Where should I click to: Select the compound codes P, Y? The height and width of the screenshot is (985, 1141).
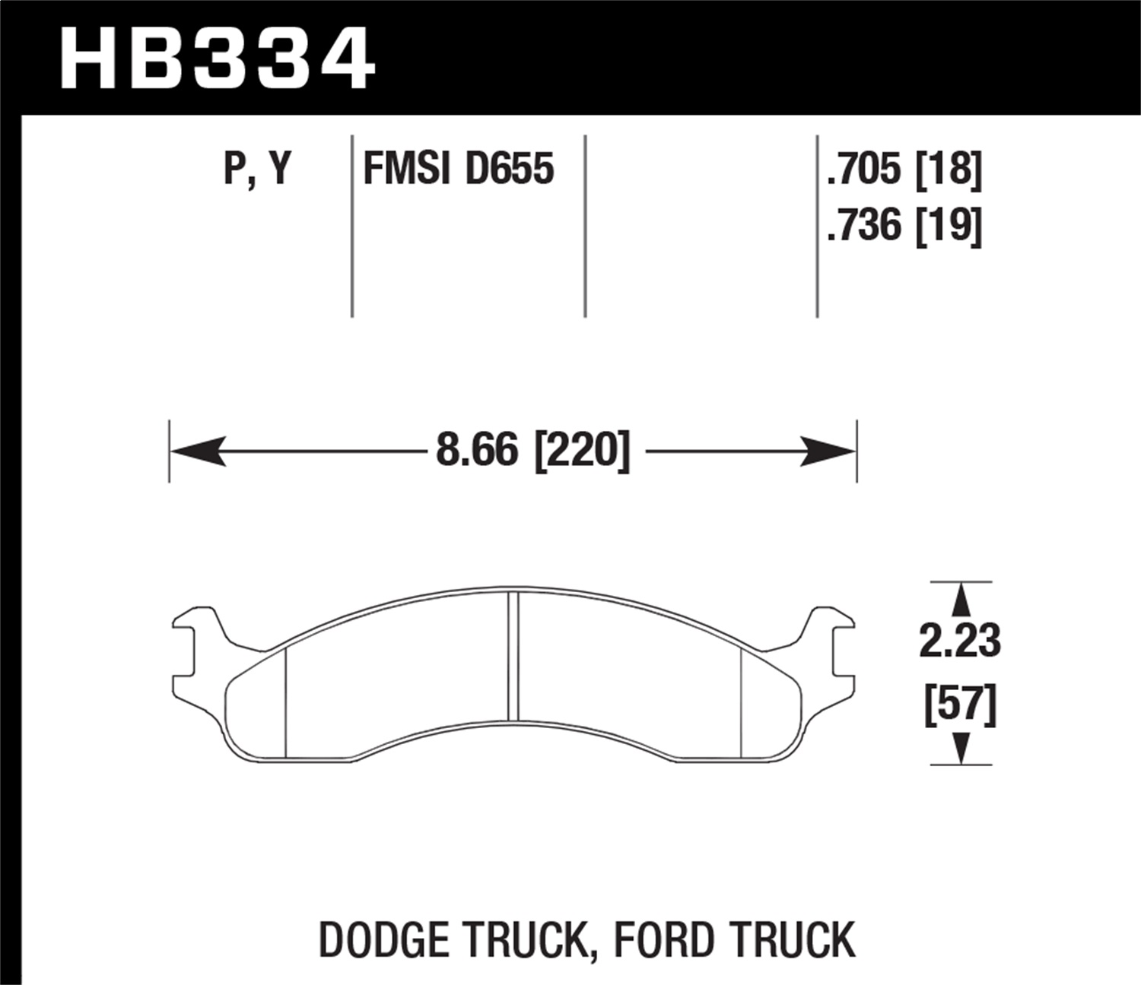(258, 169)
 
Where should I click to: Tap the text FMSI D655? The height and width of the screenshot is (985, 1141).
(459, 169)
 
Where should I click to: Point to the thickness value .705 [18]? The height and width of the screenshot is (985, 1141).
(904, 169)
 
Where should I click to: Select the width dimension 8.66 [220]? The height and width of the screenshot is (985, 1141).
(533, 451)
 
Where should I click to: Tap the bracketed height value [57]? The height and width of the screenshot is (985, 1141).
(960, 705)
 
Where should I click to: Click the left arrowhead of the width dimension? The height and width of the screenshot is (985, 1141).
(198, 451)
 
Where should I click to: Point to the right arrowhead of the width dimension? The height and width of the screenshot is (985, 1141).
(828, 451)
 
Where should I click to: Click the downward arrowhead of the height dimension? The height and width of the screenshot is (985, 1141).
(961, 748)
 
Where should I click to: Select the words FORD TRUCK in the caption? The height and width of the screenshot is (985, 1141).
(734, 940)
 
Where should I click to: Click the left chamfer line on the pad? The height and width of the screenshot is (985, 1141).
(284, 703)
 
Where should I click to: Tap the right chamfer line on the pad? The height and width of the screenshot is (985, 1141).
(741, 703)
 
